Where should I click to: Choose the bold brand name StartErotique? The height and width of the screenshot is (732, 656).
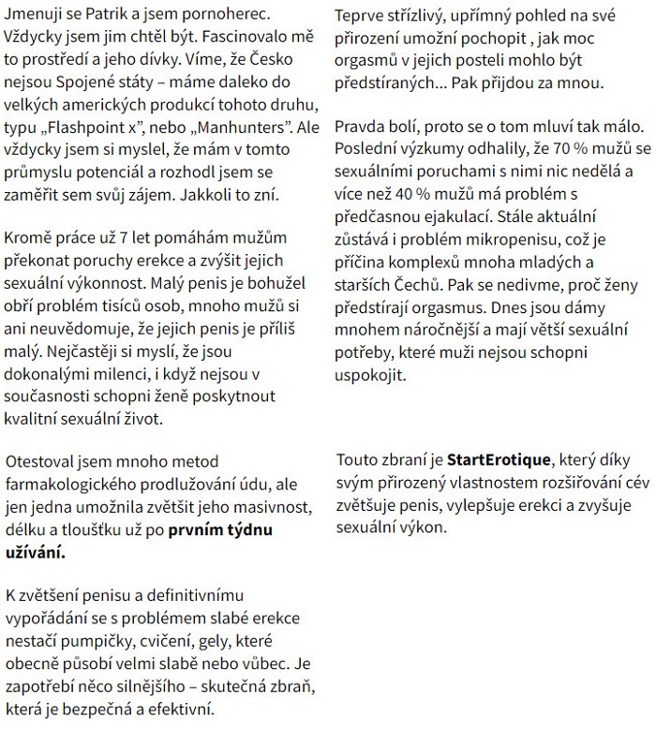click(501, 460)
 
